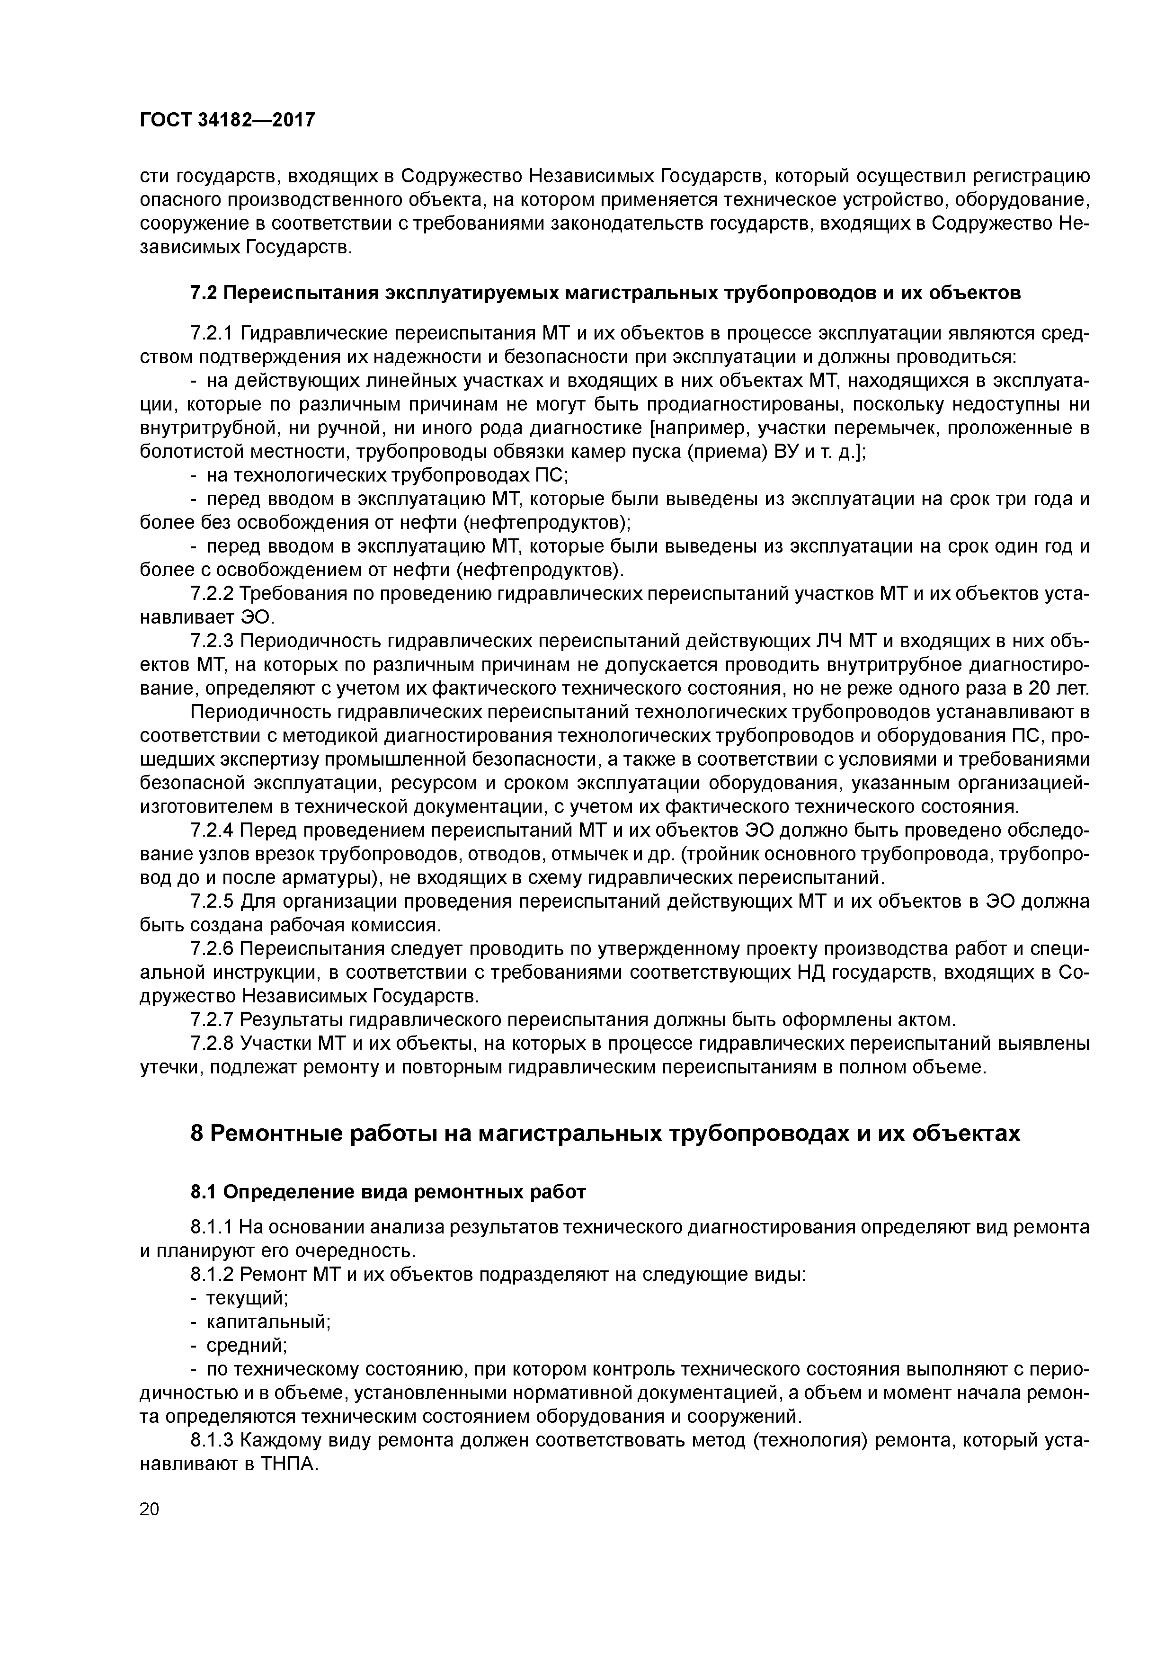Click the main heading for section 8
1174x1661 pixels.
[605, 1134]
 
